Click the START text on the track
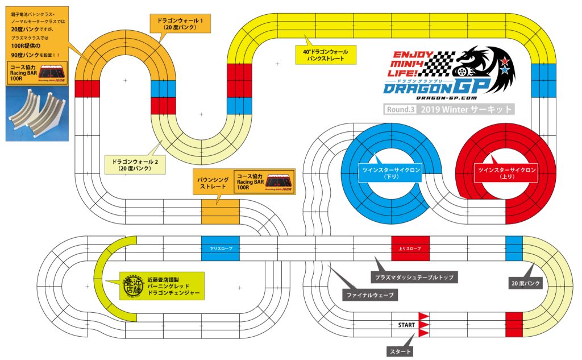point(406,325)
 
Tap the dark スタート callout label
point(401,352)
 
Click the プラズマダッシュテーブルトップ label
point(415,277)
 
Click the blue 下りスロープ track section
point(220,249)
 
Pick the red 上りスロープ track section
point(410,249)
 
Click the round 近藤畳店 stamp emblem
point(132,285)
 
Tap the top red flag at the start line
point(423,316)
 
